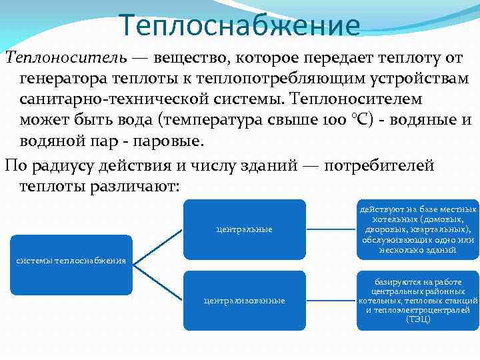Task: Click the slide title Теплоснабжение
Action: (x=240, y=26)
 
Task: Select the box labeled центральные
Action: (x=244, y=229)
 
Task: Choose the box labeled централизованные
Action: (x=244, y=300)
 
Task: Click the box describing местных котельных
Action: (x=417, y=229)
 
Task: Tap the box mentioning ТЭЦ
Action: (x=417, y=300)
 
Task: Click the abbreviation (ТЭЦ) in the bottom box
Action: (x=418, y=319)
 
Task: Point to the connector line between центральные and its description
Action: (x=331, y=229)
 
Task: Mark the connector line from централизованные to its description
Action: (x=331, y=300)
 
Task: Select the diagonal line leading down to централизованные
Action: (x=158, y=283)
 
